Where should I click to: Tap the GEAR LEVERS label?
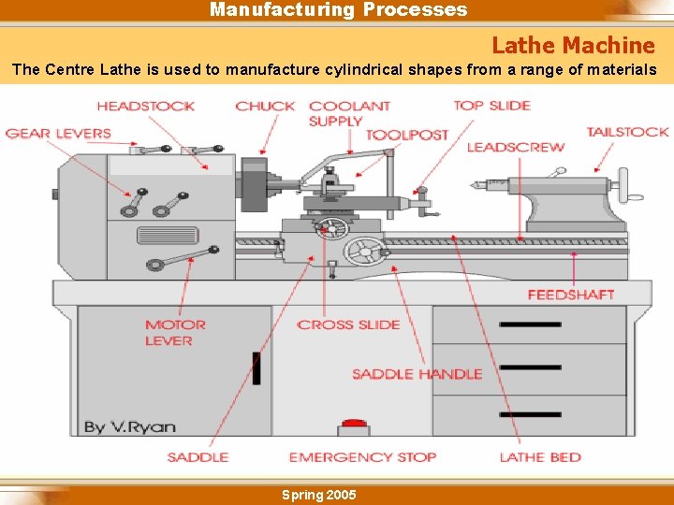click(x=58, y=133)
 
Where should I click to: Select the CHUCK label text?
click(x=265, y=106)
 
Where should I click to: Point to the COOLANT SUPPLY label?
click(x=349, y=113)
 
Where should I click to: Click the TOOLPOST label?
click(x=406, y=135)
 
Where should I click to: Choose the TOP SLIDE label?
click(x=491, y=105)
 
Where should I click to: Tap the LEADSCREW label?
click(x=515, y=147)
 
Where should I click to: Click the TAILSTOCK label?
click(x=627, y=132)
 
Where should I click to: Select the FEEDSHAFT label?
click(x=570, y=295)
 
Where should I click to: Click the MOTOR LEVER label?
click(x=174, y=333)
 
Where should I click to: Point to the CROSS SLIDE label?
click(x=348, y=325)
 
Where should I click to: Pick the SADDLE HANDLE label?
click(x=417, y=374)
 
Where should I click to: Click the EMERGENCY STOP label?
click(x=362, y=457)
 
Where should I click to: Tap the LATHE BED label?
click(x=540, y=457)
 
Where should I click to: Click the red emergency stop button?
click(x=354, y=426)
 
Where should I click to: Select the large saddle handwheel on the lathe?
click(x=364, y=250)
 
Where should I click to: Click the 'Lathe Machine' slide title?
click(x=573, y=45)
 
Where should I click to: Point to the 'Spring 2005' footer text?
click(x=318, y=495)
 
